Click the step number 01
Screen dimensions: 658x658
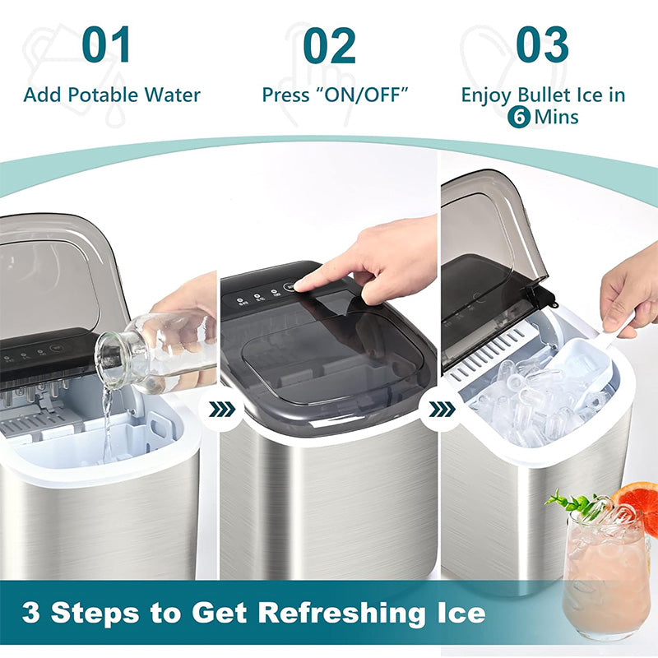[106, 44]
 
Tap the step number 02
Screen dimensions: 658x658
[329, 45]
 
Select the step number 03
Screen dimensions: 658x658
[542, 44]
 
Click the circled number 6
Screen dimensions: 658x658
[519, 117]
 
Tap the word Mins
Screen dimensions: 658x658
[557, 117]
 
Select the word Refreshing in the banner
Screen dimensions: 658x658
[341, 612]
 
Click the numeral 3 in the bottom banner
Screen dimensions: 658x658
[31, 612]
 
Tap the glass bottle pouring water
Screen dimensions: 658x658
[155, 354]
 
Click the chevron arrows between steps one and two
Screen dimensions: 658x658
[221, 410]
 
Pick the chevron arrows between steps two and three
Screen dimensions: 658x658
[442, 409]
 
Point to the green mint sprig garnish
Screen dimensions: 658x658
[575, 502]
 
